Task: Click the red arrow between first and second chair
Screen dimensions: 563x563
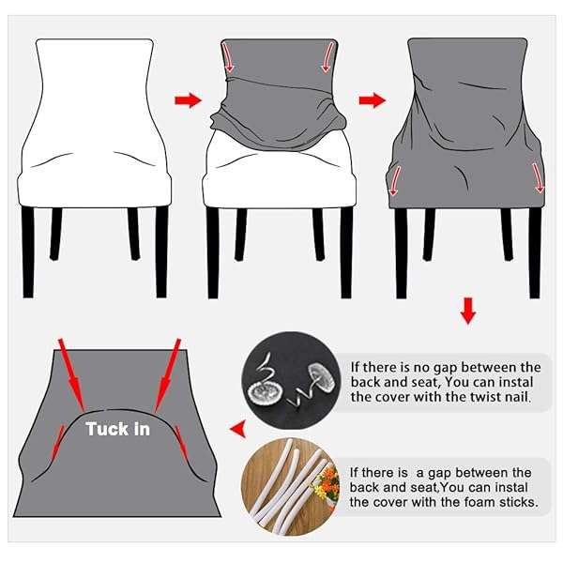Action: click(189, 100)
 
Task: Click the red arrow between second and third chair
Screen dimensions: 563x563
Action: click(373, 100)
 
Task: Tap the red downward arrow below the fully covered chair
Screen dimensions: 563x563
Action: click(468, 311)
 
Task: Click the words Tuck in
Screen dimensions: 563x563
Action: click(117, 429)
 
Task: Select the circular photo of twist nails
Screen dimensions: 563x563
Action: click(291, 380)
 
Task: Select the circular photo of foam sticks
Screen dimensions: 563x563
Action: click(291, 486)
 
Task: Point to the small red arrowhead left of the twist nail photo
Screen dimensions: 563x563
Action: click(238, 428)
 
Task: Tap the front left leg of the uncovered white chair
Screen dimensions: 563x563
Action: click(28, 252)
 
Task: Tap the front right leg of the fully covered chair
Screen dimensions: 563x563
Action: click(535, 252)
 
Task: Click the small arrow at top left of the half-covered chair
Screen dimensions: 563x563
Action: click(228, 56)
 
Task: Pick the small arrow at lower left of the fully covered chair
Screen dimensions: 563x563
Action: click(395, 180)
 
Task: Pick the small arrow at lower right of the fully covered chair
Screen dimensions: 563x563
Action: click(538, 178)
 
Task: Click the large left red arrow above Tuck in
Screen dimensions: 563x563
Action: click(71, 374)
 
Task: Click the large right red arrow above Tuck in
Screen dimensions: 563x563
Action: click(167, 374)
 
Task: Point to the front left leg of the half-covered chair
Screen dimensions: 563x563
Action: click(213, 252)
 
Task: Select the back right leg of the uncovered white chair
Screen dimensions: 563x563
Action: click(133, 234)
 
